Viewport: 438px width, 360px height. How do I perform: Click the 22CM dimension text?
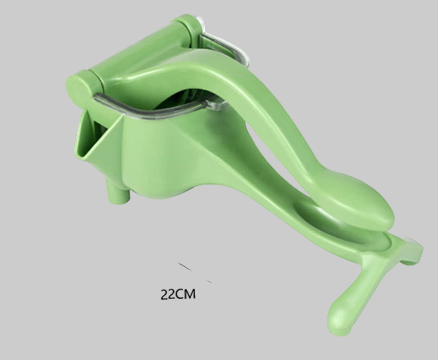178,295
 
